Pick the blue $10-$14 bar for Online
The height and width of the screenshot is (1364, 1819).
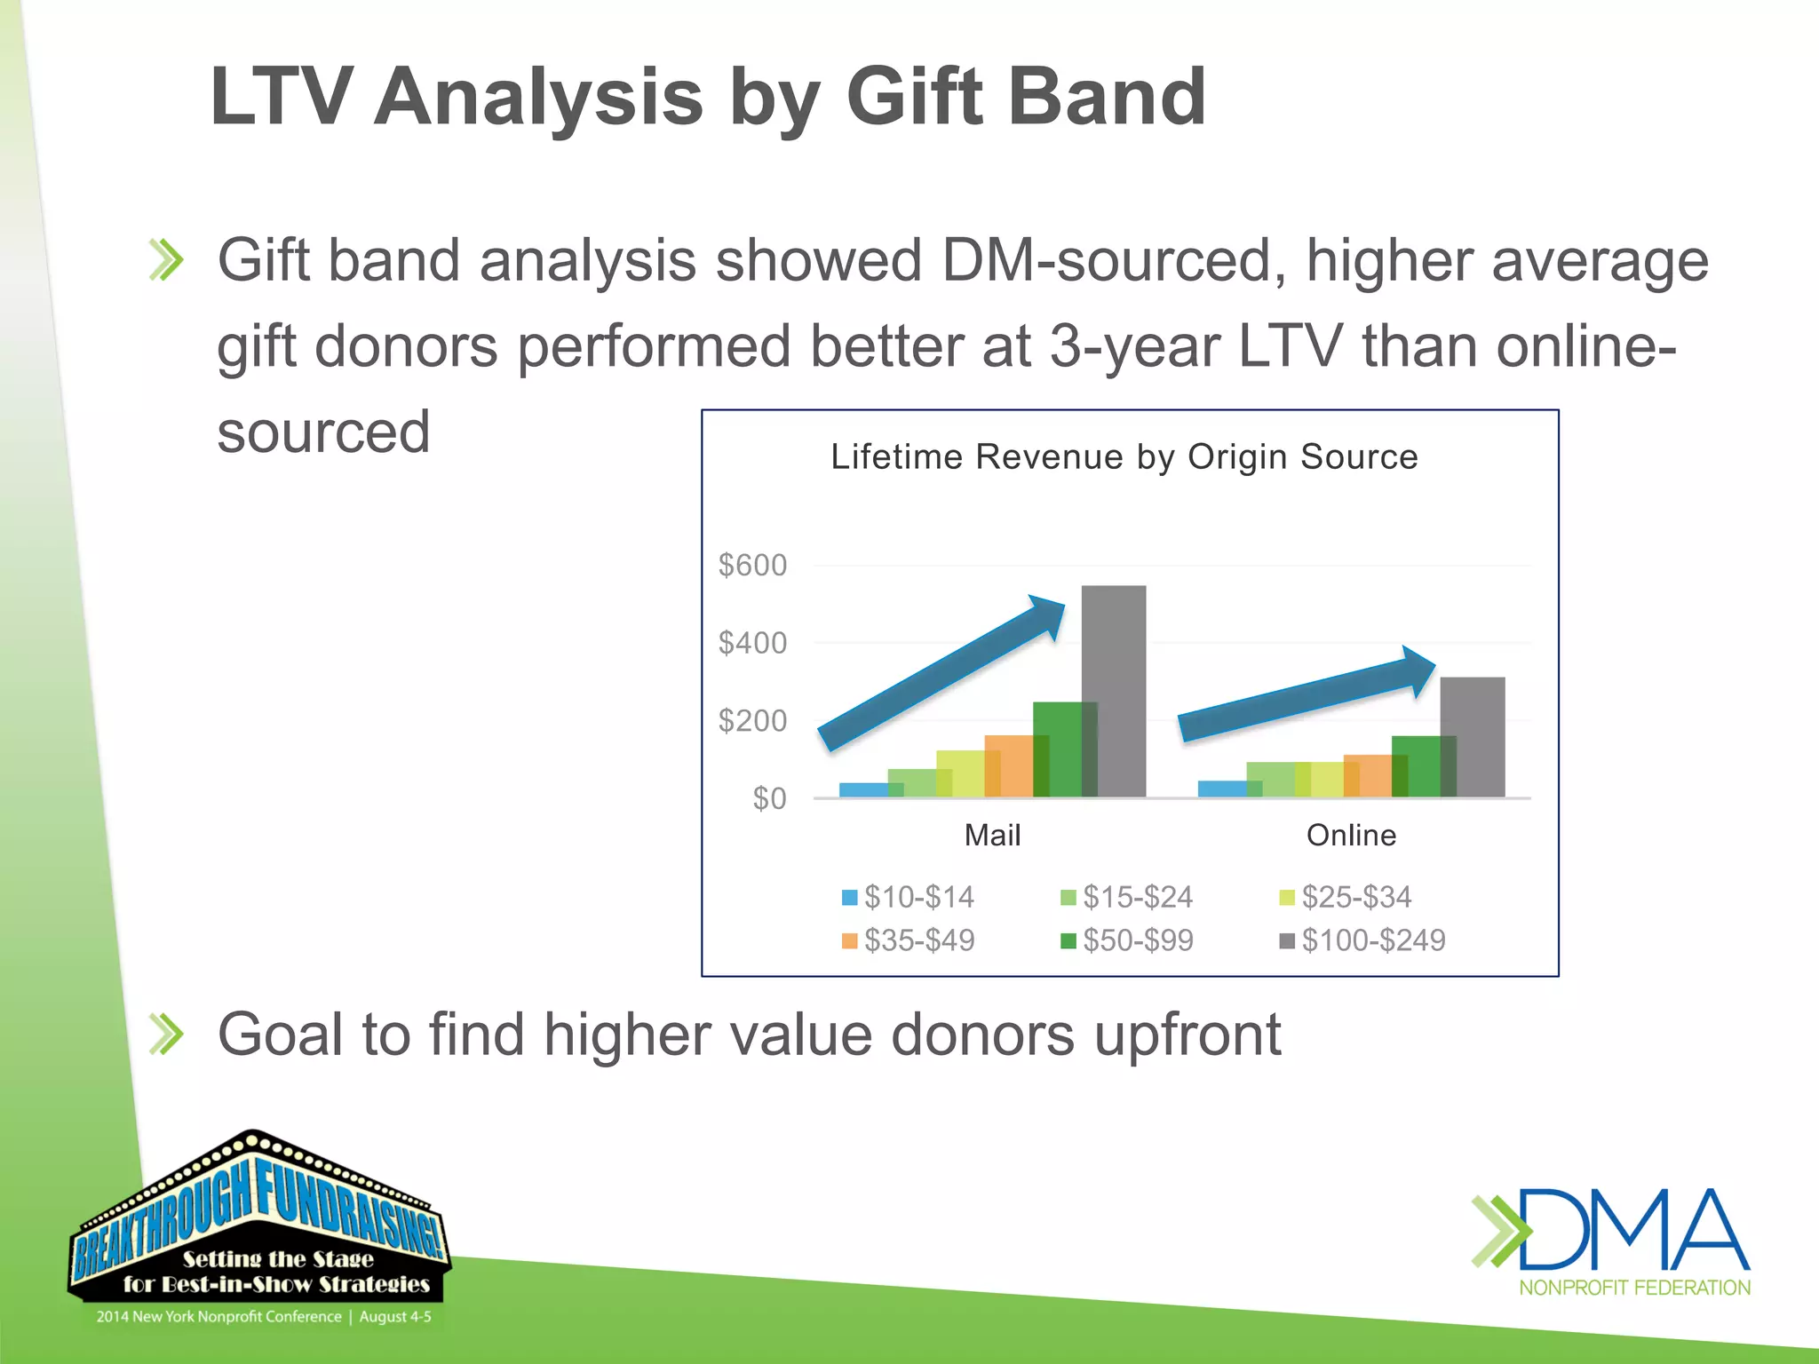pos(1221,789)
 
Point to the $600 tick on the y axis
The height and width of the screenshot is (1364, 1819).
pos(752,565)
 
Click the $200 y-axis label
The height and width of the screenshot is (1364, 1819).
pos(752,720)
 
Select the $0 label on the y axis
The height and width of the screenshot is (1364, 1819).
pos(769,798)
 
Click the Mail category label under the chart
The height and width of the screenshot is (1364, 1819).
pos(992,835)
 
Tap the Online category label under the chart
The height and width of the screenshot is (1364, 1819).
pos(1351,835)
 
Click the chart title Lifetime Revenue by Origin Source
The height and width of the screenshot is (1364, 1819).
pos(1124,456)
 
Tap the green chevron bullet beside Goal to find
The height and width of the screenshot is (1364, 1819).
pos(166,1035)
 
